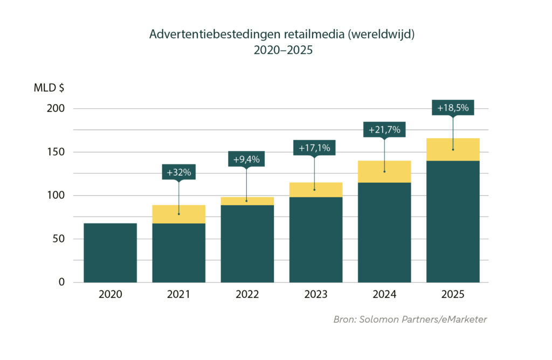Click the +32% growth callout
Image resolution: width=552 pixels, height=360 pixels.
[x=178, y=172]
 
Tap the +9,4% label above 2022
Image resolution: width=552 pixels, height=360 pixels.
[x=246, y=159]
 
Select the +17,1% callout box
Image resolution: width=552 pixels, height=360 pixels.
[x=314, y=147]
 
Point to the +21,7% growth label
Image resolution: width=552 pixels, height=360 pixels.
[x=384, y=130]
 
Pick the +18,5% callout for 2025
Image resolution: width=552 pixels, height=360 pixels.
[x=453, y=107]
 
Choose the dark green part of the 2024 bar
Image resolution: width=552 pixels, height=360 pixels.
[x=384, y=232]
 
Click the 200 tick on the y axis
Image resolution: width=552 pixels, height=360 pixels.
[x=56, y=108]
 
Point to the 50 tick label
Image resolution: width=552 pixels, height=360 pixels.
[x=59, y=239]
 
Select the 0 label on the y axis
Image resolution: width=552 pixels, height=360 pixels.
[x=61, y=282]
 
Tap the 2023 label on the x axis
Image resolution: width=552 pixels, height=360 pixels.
[x=315, y=295]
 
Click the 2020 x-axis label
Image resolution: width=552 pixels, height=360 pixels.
[x=110, y=295]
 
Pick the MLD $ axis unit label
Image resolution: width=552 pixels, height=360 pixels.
[x=49, y=88]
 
